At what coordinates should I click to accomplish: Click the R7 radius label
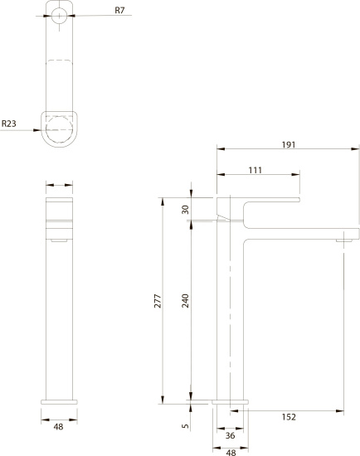[x=119, y=11]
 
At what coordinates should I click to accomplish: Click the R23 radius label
[x=9, y=124]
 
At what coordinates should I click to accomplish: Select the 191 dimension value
[x=289, y=144]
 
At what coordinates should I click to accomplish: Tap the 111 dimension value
[x=255, y=170]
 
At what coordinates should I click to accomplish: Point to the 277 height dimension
[x=158, y=301]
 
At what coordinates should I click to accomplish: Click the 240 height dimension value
[x=185, y=301]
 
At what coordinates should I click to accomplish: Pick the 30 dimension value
[x=185, y=210]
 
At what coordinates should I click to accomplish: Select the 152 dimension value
[x=289, y=417]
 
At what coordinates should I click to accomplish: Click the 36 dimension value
[x=230, y=435]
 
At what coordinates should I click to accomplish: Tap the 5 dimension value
[x=185, y=426]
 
